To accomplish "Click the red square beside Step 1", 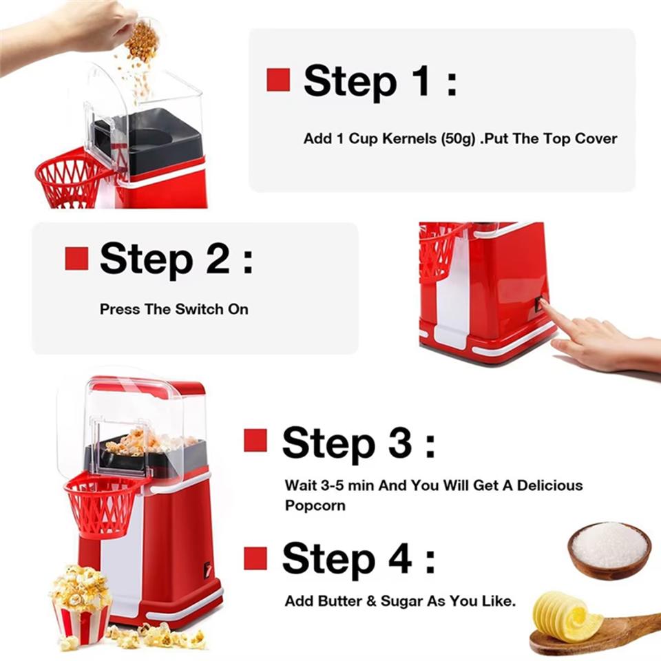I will point(278,80).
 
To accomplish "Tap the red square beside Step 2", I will point(76,258).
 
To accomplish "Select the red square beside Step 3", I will point(255,440).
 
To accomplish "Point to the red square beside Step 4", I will point(255,558).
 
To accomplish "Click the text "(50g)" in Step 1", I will point(457,138).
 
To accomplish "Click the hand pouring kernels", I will point(83,28).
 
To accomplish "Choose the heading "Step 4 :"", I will point(358,558).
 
